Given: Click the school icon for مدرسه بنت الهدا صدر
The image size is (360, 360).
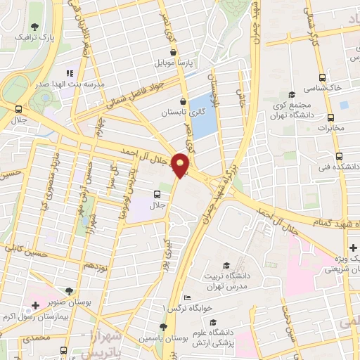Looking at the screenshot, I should click(70, 72).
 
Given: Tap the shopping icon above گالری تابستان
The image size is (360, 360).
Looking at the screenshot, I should click(184, 101).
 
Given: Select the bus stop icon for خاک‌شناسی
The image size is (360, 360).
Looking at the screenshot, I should click(321, 78).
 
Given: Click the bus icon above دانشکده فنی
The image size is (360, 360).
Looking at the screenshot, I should click(340, 156).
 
